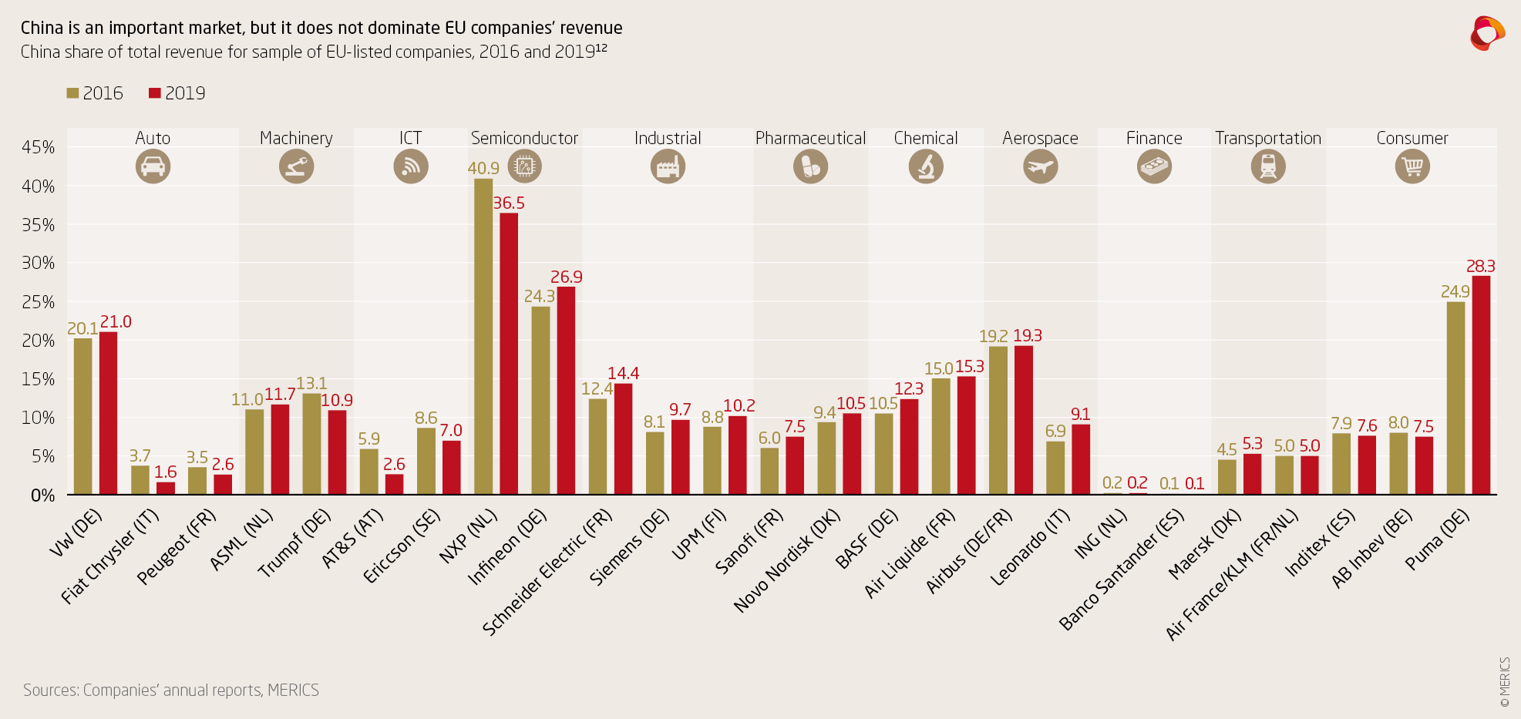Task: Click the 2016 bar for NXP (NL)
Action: (x=483, y=337)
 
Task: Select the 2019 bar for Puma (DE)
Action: (x=1481, y=385)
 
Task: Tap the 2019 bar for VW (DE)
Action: (x=108, y=413)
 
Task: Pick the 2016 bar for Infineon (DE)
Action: (x=540, y=400)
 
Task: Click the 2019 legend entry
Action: (x=177, y=93)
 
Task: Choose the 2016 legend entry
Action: (x=95, y=93)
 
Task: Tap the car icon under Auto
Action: (x=153, y=166)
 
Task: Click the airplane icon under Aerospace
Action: (x=1040, y=166)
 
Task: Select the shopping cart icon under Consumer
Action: (x=1412, y=166)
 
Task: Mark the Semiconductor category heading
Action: (x=524, y=138)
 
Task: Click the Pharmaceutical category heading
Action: (x=810, y=138)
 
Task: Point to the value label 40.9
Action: (x=483, y=168)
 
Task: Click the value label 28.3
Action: (x=1480, y=266)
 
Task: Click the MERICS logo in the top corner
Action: (x=1487, y=34)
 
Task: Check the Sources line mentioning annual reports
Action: (x=171, y=690)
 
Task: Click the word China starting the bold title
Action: (x=42, y=28)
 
